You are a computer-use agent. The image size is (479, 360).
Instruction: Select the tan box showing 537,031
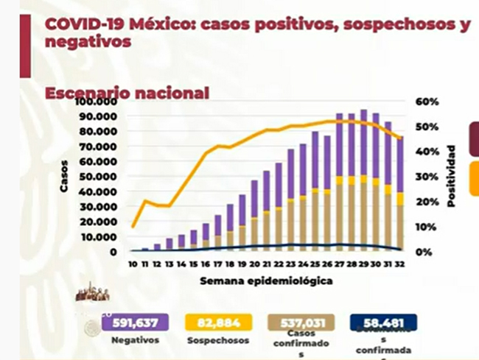[299, 322]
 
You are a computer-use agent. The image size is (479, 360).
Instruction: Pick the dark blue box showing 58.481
[383, 322]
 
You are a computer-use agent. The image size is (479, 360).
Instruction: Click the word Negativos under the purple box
[134, 340]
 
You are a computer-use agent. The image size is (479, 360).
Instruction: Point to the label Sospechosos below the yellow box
[219, 340]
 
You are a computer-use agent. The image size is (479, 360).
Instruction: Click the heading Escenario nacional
[127, 93]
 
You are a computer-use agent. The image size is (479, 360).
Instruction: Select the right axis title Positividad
[451, 176]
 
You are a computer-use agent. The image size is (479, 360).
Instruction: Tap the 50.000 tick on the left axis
[99, 177]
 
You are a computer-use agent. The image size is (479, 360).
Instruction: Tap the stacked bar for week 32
[399, 194]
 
